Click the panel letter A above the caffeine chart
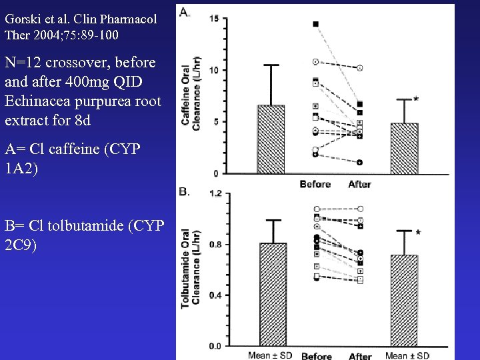coord(183,11)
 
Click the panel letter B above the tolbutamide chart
coord(183,192)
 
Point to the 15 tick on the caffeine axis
coord(213,19)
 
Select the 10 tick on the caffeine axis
coord(213,70)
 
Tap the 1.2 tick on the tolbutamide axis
coord(215,194)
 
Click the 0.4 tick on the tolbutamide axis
coord(215,295)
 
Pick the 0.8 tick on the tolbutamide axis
coord(215,245)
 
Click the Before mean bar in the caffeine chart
coord(271,139)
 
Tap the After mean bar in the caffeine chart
coord(405,148)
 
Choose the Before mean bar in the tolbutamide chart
coord(273,294)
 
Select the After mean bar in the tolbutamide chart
coord(405,300)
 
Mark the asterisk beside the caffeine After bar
coord(416,99)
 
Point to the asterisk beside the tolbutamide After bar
coord(418,233)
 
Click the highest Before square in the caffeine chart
coord(315,24)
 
